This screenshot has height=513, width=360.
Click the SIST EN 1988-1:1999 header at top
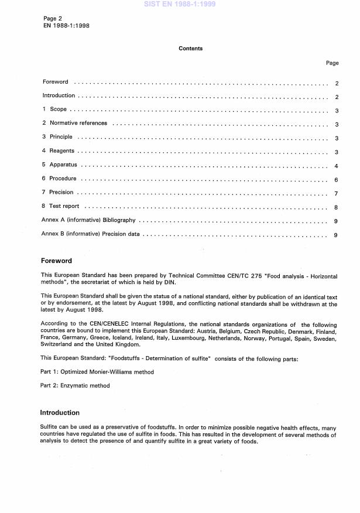click(x=180, y=4)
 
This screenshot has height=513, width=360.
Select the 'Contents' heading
click(x=191, y=49)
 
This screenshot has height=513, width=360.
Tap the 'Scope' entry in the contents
click(x=58, y=110)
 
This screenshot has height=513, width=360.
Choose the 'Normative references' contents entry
click(x=78, y=124)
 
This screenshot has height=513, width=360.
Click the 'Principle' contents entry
click(x=61, y=137)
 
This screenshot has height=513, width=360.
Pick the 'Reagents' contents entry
click(x=61, y=151)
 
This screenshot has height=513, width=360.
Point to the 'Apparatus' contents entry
click(x=63, y=165)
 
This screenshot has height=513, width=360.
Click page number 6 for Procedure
click(x=336, y=179)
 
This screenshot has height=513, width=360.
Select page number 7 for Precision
click(x=336, y=193)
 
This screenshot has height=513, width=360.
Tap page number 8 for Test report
click(x=336, y=207)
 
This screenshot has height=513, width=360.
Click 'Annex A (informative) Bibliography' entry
click(x=89, y=221)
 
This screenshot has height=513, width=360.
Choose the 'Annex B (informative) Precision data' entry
click(x=91, y=235)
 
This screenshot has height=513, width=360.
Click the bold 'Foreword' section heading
click(x=56, y=261)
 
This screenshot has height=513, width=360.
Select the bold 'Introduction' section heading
click(x=60, y=413)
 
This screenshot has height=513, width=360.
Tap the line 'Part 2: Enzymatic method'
click(x=75, y=385)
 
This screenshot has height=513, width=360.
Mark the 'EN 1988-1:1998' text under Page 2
click(x=64, y=26)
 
